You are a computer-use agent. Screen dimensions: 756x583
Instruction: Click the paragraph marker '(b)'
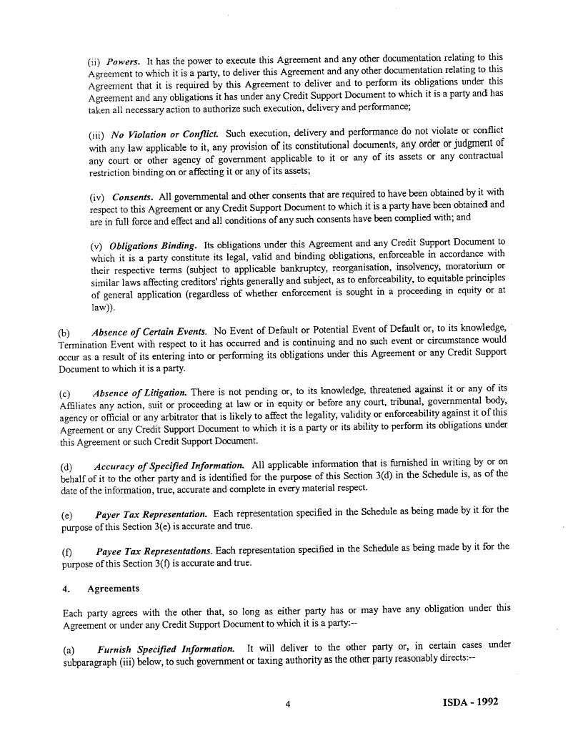click(x=64, y=333)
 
